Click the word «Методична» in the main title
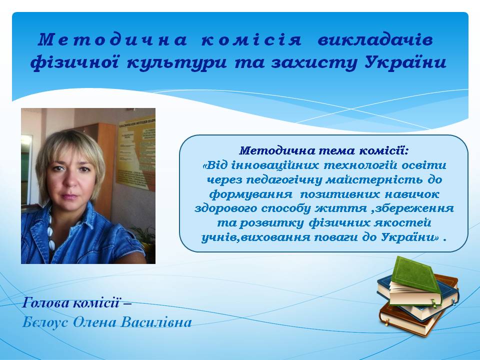click(x=112, y=40)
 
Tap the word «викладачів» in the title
click(x=375, y=40)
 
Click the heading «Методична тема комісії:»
click(x=324, y=150)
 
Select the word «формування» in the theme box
click(x=251, y=194)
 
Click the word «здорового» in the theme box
click(x=225, y=208)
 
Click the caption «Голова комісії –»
click(x=77, y=303)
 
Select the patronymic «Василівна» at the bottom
click(x=156, y=322)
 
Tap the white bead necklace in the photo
click(x=51, y=231)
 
